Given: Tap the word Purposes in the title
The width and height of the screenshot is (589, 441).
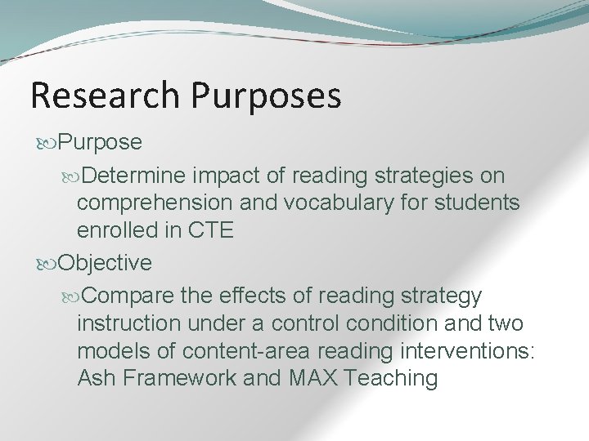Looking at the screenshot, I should (x=267, y=96).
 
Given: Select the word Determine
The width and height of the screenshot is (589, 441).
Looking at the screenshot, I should (x=137, y=176).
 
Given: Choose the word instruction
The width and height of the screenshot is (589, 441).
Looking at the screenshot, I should (x=128, y=323).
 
